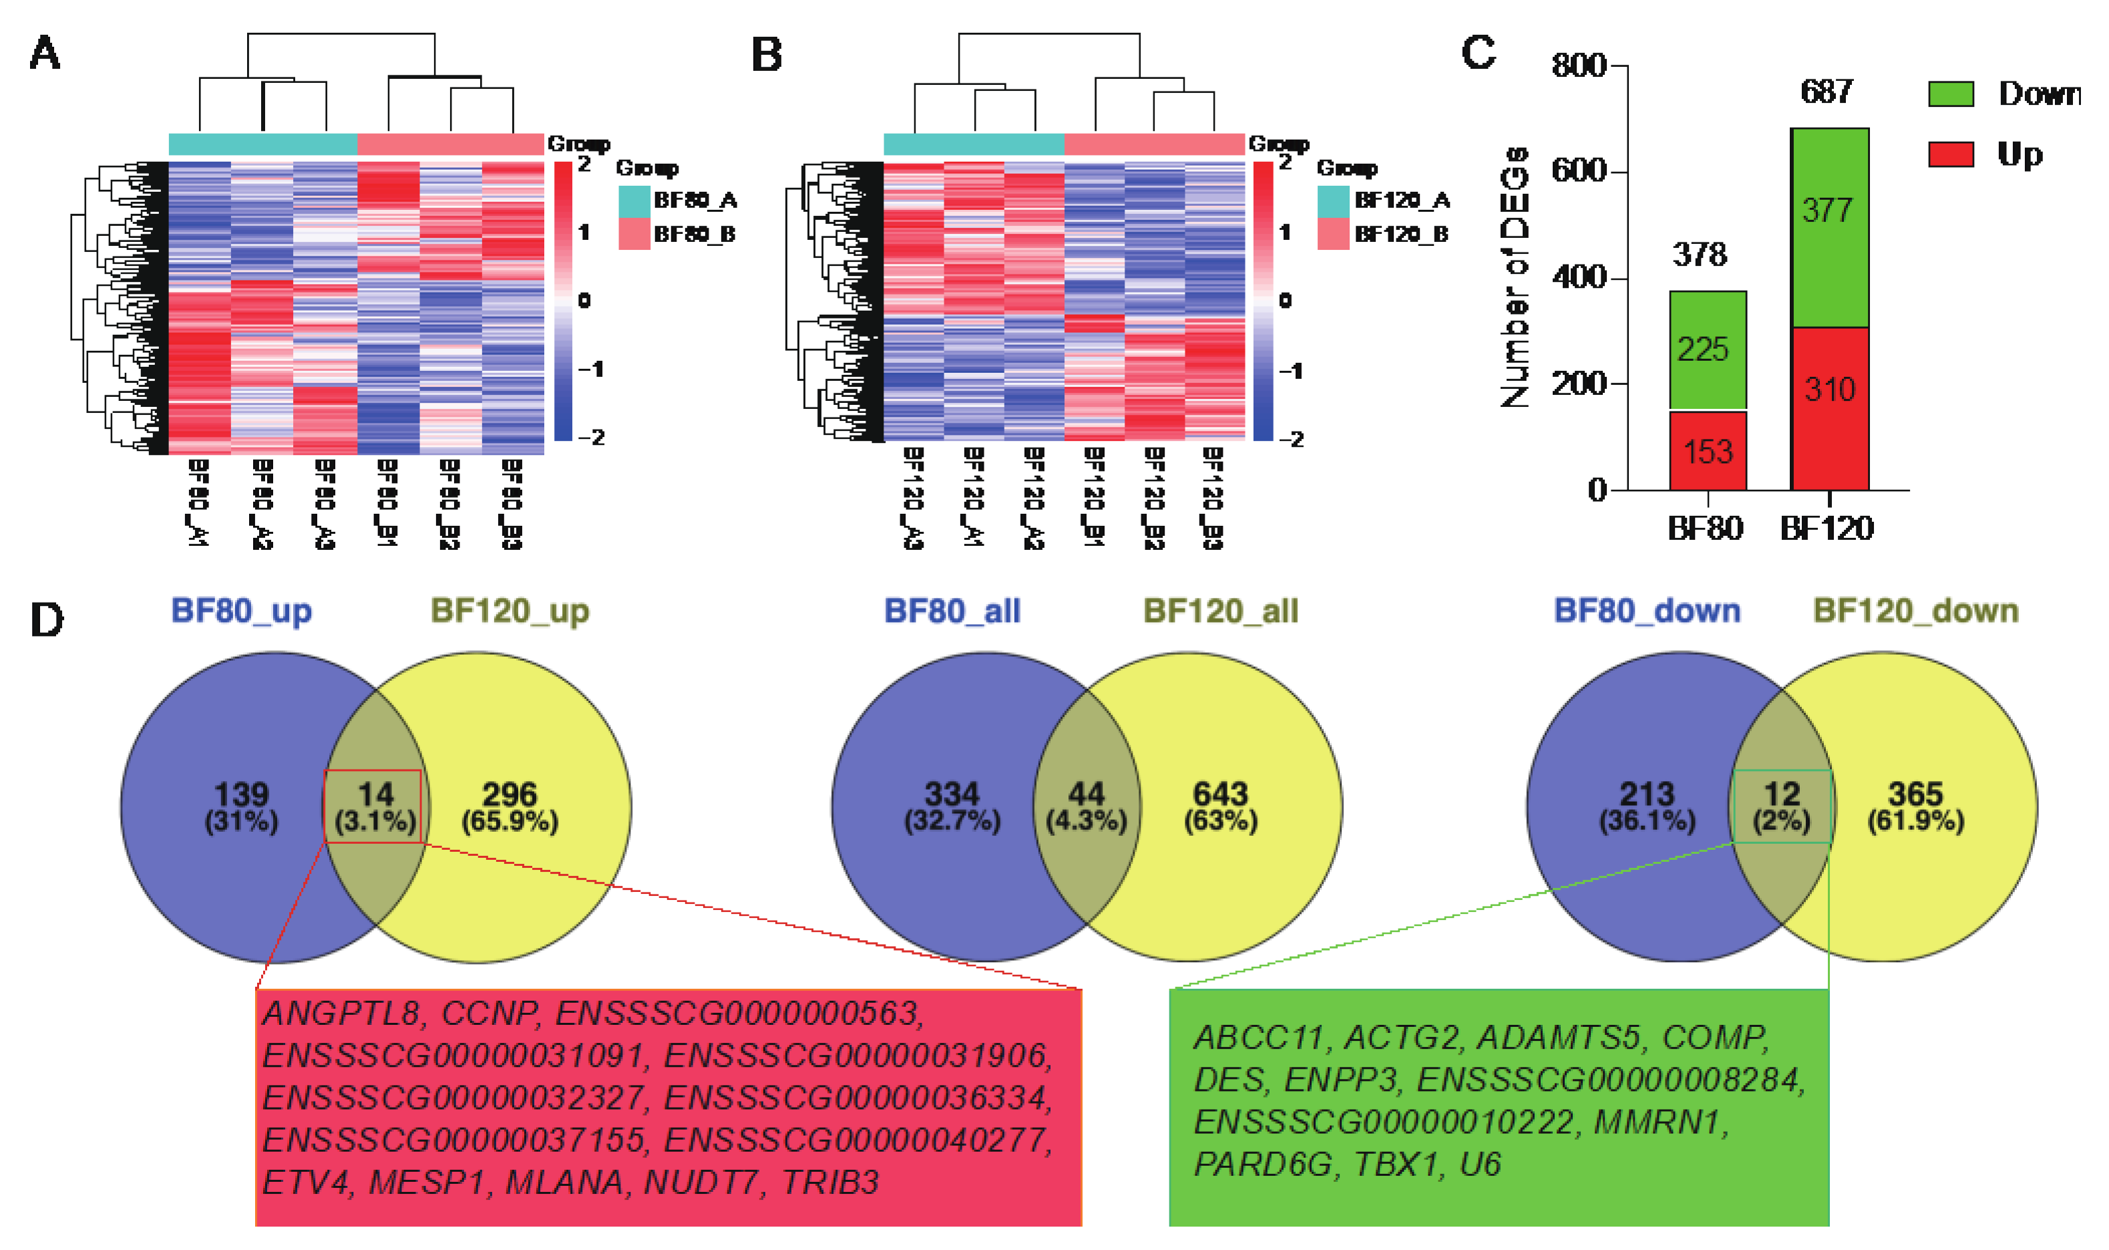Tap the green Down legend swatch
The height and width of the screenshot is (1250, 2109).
click(1950, 94)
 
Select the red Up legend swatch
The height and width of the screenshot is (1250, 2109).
click(1950, 154)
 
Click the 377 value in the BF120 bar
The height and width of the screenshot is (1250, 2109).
click(1828, 210)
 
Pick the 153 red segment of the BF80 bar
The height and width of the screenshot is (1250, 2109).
click(1708, 452)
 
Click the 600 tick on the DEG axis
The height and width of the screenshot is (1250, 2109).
click(1579, 171)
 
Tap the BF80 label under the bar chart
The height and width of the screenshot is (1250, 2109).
click(1705, 528)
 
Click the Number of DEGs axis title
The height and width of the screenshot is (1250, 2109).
click(1515, 278)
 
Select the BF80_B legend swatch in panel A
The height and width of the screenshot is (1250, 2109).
click(634, 234)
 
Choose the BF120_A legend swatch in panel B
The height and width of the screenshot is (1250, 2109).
click(1333, 200)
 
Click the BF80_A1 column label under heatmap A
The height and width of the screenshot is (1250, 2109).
click(198, 504)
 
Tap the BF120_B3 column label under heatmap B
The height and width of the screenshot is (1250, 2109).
click(1212, 498)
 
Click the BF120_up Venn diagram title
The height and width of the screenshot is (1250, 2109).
click(510, 611)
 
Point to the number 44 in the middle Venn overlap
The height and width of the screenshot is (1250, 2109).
click(1086, 794)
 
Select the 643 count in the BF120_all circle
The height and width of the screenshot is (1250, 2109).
click(1220, 794)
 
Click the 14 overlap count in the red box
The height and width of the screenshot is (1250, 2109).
click(375, 794)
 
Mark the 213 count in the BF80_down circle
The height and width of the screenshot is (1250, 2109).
click(1647, 794)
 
